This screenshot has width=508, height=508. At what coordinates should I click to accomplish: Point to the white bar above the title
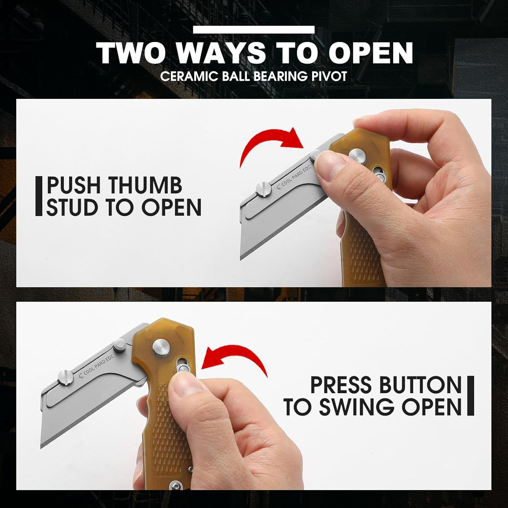click(254, 30)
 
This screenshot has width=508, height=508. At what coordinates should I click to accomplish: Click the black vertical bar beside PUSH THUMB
click(39, 196)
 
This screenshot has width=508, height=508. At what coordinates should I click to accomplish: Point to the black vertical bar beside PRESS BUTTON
click(470, 396)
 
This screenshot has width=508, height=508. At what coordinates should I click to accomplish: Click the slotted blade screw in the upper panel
click(263, 189)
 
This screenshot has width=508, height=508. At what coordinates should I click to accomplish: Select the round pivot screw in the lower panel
click(160, 348)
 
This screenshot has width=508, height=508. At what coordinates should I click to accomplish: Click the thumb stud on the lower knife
click(120, 346)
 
